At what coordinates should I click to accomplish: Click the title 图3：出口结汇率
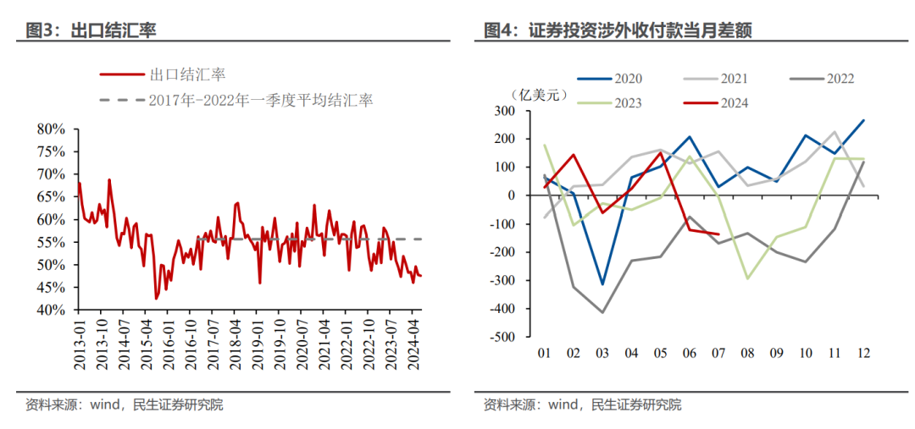pyautogui.click(x=91, y=31)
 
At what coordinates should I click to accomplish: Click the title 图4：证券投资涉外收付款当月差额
pyautogui.click(x=618, y=31)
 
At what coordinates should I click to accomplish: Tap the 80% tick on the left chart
pyautogui.click(x=50, y=129)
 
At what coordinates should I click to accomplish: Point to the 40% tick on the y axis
pyautogui.click(x=50, y=310)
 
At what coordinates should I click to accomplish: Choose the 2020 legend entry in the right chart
pyautogui.click(x=626, y=79)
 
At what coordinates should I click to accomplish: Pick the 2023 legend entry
pyautogui.click(x=626, y=103)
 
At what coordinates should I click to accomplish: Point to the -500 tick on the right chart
pyautogui.click(x=503, y=337)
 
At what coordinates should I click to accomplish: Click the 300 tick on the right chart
pyautogui.click(x=506, y=111)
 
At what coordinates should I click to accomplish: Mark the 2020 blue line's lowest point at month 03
pyautogui.click(x=603, y=284)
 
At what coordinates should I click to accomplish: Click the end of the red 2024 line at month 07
pyautogui.click(x=719, y=234)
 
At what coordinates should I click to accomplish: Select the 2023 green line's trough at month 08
pyautogui.click(x=748, y=278)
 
